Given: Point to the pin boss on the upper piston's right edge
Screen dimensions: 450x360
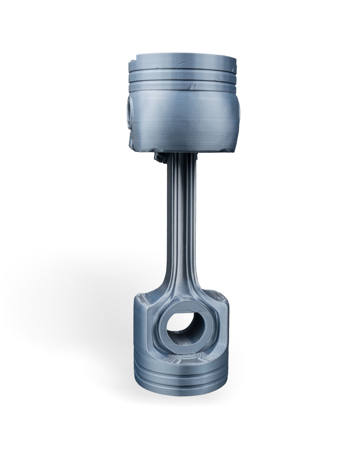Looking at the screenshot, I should pyautogui.click(x=239, y=113).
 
